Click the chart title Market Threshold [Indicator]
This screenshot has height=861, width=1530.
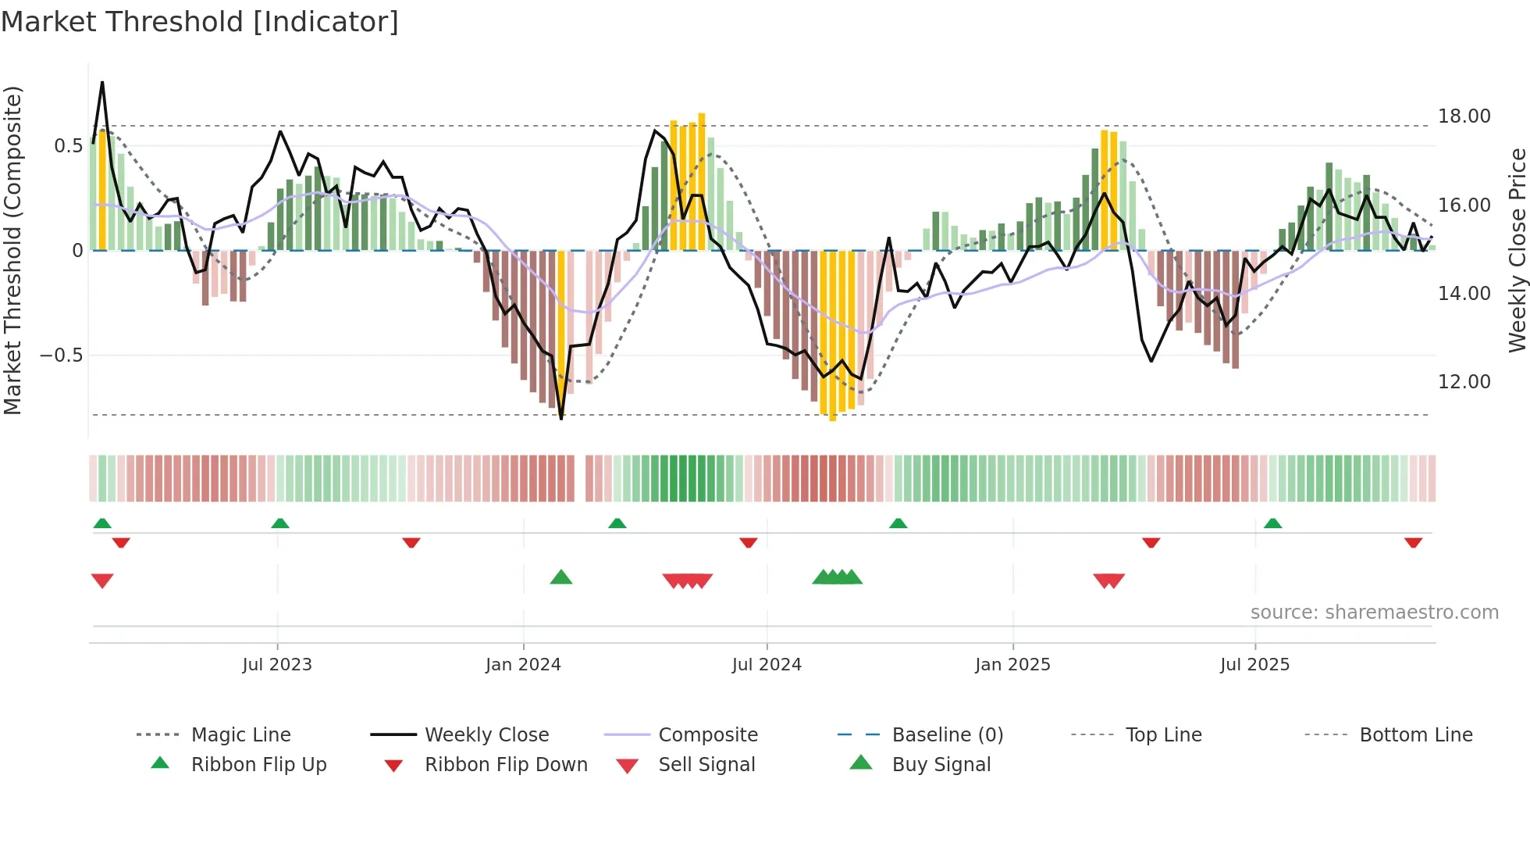(200, 22)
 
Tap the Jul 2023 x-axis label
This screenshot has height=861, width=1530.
(277, 665)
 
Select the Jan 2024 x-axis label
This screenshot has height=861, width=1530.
(523, 665)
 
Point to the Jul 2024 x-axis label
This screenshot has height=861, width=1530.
(767, 665)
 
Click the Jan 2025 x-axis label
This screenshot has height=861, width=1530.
(1012, 665)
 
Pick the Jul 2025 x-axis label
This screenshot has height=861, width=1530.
(1254, 665)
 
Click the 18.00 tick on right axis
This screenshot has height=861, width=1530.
(1464, 116)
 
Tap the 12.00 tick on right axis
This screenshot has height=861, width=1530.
(1464, 382)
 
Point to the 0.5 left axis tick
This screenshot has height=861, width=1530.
(68, 146)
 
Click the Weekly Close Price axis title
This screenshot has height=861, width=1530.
(1517, 250)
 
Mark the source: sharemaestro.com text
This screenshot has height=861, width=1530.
(1374, 613)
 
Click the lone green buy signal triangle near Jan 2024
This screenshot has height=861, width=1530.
(561, 578)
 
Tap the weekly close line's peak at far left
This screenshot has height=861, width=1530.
(102, 83)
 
